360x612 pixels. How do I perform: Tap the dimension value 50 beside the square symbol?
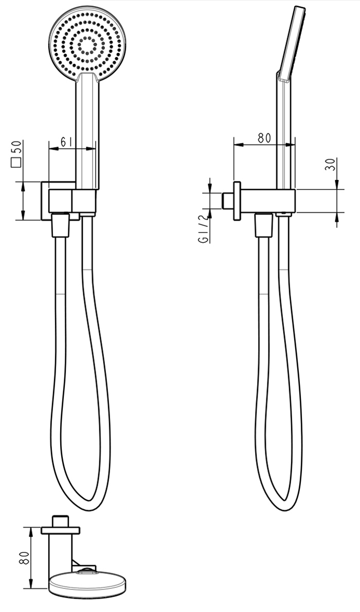[x=17, y=148]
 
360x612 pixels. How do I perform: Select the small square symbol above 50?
[x=16, y=164]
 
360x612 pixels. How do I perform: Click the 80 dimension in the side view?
[x=264, y=137]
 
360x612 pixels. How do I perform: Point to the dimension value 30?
[x=331, y=164]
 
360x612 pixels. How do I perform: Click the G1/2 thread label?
[x=204, y=232]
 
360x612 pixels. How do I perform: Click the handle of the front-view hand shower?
[x=87, y=134]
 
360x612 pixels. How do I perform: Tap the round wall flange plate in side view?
[x=237, y=201]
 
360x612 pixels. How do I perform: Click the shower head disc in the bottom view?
[x=87, y=586]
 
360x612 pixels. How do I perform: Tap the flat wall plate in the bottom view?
[x=61, y=529]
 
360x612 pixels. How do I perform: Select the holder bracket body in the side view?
[x=267, y=201]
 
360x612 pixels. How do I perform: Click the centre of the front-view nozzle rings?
[x=87, y=45]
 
